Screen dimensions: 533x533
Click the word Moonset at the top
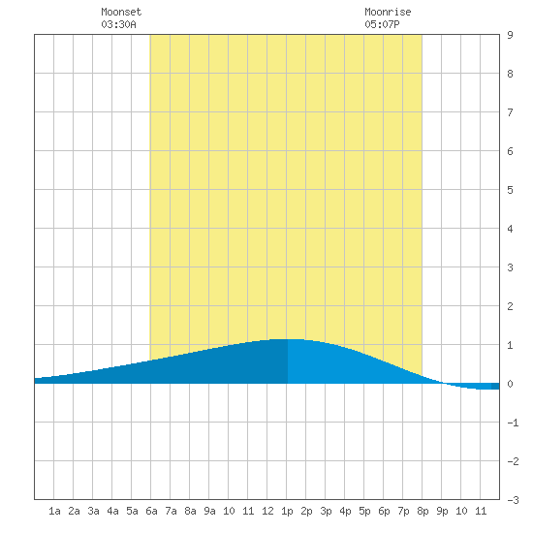click(x=121, y=12)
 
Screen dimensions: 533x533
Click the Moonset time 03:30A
click(x=118, y=24)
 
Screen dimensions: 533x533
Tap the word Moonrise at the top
click(x=388, y=12)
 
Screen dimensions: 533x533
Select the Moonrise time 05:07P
click(x=382, y=24)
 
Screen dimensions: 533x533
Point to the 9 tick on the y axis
click(x=510, y=35)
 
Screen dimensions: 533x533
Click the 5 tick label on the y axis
click(x=510, y=190)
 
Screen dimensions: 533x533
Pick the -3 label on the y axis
click(x=513, y=500)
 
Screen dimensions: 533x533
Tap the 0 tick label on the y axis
click(x=510, y=384)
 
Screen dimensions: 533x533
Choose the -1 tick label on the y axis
click(x=513, y=423)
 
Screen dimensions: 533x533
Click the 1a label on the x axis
click(x=54, y=511)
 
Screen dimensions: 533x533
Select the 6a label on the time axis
click(x=151, y=511)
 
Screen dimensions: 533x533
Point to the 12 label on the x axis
click(x=267, y=511)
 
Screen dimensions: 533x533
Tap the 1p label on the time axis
click(x=287, y=511)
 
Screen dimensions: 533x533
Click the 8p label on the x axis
click(x=423, y=511)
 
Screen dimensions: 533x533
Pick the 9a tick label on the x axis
click(x=209, y=511)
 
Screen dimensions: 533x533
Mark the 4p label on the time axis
click(x=345, y=511)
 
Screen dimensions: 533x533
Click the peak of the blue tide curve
click(x=287, y=339)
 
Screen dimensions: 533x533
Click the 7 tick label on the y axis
click(x=510, y=112)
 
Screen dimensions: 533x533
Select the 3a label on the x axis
click(x=93, y=511)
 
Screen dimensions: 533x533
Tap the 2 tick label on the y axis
click(x=510, y=306)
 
